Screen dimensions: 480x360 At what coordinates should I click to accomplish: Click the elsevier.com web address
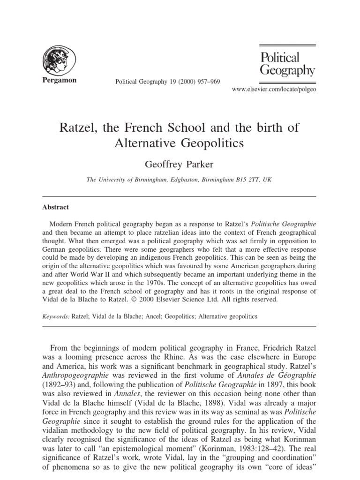271,89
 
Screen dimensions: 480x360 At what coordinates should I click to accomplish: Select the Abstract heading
55,207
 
